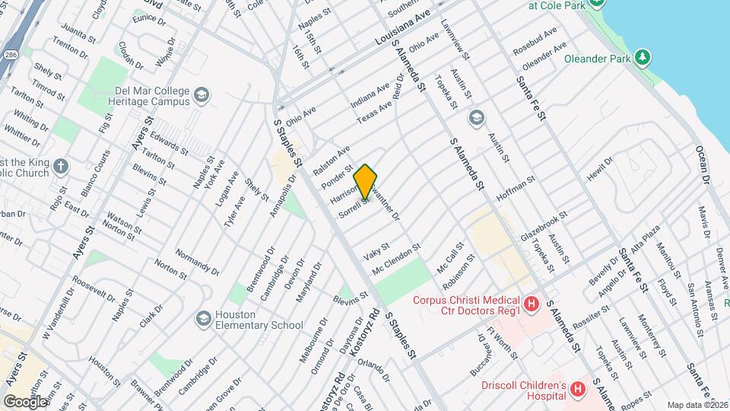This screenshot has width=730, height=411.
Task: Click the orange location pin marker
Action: click(x=365, y=181)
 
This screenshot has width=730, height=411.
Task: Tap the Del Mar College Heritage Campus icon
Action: click(x=202, y=94)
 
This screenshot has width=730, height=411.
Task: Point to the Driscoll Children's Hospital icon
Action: click(x=578, y=390)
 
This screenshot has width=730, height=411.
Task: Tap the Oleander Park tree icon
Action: click(x=643, y=56)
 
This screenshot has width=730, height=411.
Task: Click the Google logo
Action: click(x=24, y=401)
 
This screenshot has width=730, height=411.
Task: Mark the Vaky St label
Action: click(x=376, y=248)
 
